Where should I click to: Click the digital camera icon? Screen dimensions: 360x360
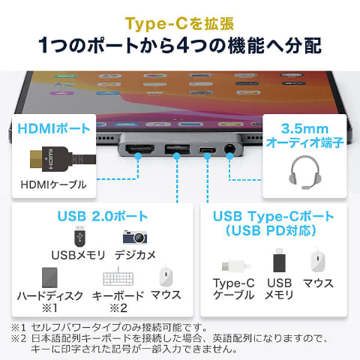coord(136,238)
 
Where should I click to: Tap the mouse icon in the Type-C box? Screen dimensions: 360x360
coord(318,262)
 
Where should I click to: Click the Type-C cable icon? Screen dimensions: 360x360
coord(233,265)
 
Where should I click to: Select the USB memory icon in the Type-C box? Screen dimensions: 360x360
coord(278,261)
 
